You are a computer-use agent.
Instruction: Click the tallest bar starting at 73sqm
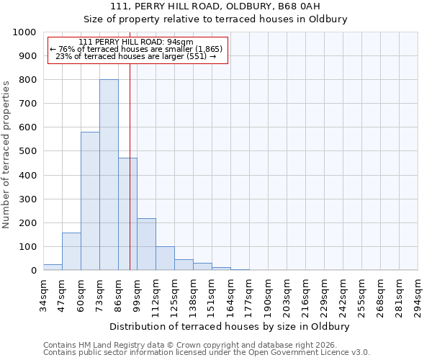coord(109,175)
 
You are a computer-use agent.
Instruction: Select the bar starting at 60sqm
coord(90,201)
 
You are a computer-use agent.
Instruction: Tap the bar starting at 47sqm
coord(71,251)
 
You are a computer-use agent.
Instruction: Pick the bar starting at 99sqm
coord(146,244)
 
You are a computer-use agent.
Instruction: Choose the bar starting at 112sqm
coord(165,258)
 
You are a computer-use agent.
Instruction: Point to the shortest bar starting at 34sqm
coord(53,267)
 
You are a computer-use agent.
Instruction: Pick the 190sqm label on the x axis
coord(268,296)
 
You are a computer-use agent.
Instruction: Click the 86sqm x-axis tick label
coord(118,296)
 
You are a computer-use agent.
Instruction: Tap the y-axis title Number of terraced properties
coord(6,154)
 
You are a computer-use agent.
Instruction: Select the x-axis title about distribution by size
coord(230,326)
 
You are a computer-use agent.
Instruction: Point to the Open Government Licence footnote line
coord(207,353)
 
